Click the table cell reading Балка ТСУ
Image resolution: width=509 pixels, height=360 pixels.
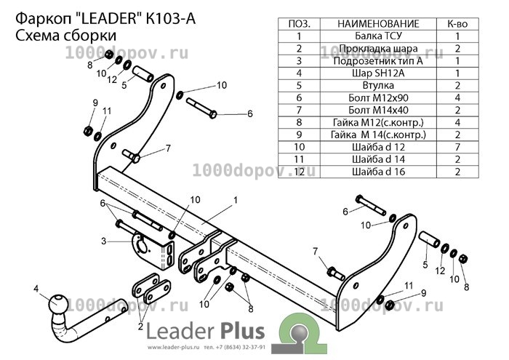[x=378, y=36]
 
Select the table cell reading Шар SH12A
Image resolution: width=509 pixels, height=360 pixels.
[x=378, y=73]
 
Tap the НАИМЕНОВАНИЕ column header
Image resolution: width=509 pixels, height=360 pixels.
[x=378, y=24]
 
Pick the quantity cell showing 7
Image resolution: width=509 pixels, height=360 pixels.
[x=457, y=147]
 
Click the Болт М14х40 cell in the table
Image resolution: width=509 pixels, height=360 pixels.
[x=378, y=110]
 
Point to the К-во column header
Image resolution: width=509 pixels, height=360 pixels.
[x=457, y=24]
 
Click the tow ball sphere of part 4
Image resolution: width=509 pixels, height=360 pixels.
[x=58, y=303]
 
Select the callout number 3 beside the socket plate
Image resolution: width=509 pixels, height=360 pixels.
[x=103, y=241]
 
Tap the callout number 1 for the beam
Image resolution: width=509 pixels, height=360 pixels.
[x=236, y=200]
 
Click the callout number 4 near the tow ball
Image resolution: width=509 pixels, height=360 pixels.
[x=36, y=289]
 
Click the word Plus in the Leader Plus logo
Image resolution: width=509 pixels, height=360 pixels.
[x=243, y=331]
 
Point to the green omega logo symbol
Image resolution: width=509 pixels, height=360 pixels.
[x=299, y=333]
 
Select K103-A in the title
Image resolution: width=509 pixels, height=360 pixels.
[x=171, y=19]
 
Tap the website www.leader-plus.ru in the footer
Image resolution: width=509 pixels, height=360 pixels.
[x=173, y=348]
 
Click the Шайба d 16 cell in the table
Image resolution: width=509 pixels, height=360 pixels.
[x=378, y=172]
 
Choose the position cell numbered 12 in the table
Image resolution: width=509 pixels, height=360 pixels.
[x=299, y=172]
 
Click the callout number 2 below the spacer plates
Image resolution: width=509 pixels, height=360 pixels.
[x=140, y=326]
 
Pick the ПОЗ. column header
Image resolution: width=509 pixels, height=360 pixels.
[x=299, y=24]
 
